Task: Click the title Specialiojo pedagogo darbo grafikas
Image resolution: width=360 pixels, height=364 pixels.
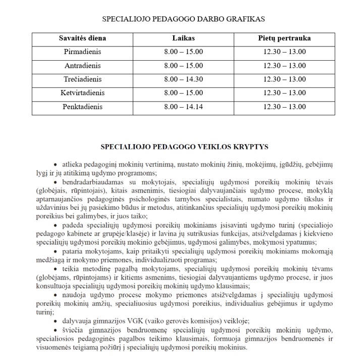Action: coord(184,19)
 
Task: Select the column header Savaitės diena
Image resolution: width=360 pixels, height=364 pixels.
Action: coord(82,38)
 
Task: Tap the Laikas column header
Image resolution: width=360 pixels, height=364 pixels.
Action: coord(183,38)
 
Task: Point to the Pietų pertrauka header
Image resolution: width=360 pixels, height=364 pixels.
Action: coord(284,38)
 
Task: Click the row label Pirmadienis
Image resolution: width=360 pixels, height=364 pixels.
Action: coord(82,52)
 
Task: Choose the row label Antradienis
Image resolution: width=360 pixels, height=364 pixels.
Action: coord(82,66)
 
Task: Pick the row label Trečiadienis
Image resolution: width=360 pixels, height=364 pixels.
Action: coord(82,79)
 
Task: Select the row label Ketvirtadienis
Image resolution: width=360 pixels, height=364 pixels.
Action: coord(82,93)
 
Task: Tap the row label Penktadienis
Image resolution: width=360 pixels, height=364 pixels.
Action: coord(82,107)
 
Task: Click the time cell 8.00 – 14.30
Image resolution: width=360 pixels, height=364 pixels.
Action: coord(183,79)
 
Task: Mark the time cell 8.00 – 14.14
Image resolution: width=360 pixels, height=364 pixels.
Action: coord(183,107)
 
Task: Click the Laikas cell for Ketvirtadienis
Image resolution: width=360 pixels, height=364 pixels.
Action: coord(183,93)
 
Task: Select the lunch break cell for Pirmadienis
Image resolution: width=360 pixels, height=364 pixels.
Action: coord(284,52)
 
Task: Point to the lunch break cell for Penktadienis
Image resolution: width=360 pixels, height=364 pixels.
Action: coord(284,107)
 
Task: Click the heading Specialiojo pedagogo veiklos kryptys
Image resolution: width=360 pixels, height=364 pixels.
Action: coord(184,147)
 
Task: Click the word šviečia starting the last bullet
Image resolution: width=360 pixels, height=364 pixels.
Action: coord(74,330)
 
